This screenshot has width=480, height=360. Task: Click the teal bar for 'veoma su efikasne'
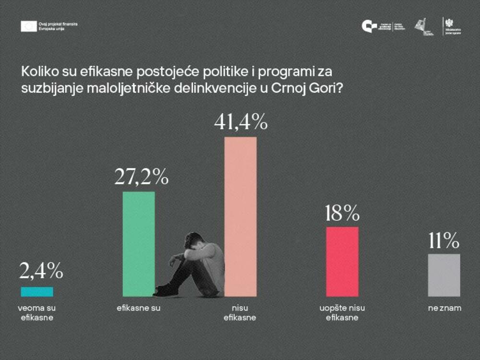(x=37, y=291)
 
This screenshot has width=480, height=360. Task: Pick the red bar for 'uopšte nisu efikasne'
(x=342, y=261)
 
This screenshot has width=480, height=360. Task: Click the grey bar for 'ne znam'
(x=444, y=275)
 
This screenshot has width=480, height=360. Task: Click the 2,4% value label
(x=41, y=272)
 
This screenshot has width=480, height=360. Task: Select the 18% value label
(x=342, y=213)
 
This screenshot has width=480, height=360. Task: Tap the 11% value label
(x=444, y=241)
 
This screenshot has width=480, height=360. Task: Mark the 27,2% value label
(x=141, y=177)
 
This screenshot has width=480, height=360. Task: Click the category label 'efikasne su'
(x=138, y=308)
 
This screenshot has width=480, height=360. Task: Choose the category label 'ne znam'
(x=444, y=308)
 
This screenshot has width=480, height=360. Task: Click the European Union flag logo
(x=28, y=26)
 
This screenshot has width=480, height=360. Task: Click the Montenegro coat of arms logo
(x=448, y=23)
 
